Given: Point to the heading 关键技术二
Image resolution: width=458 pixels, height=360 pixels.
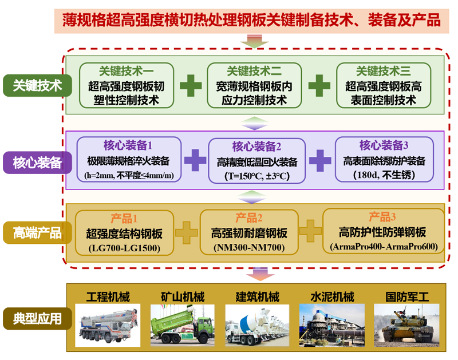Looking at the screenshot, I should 254,71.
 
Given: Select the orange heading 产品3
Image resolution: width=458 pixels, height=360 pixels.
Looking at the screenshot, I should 382,217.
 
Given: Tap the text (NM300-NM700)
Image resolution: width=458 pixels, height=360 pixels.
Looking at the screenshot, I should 248,248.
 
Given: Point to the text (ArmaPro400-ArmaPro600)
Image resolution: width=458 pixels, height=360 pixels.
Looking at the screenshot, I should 384,247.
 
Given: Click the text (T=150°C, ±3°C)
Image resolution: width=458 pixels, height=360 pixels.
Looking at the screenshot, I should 256,176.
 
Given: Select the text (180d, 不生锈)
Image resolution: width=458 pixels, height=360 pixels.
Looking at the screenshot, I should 384,175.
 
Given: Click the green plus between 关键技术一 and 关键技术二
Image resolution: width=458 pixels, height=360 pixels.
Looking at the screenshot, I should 191,86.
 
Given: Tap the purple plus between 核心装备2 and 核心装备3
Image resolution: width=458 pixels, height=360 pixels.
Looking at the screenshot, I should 320,160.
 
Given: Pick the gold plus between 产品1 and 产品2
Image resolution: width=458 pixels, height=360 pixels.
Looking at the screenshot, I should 185,232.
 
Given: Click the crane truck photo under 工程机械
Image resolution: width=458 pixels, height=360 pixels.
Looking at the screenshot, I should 108,325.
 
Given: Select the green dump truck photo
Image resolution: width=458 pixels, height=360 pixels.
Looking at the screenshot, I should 182,325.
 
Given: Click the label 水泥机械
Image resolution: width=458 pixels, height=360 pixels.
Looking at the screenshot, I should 332,297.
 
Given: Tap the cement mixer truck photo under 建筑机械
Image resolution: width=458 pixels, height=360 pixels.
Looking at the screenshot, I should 257,325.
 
